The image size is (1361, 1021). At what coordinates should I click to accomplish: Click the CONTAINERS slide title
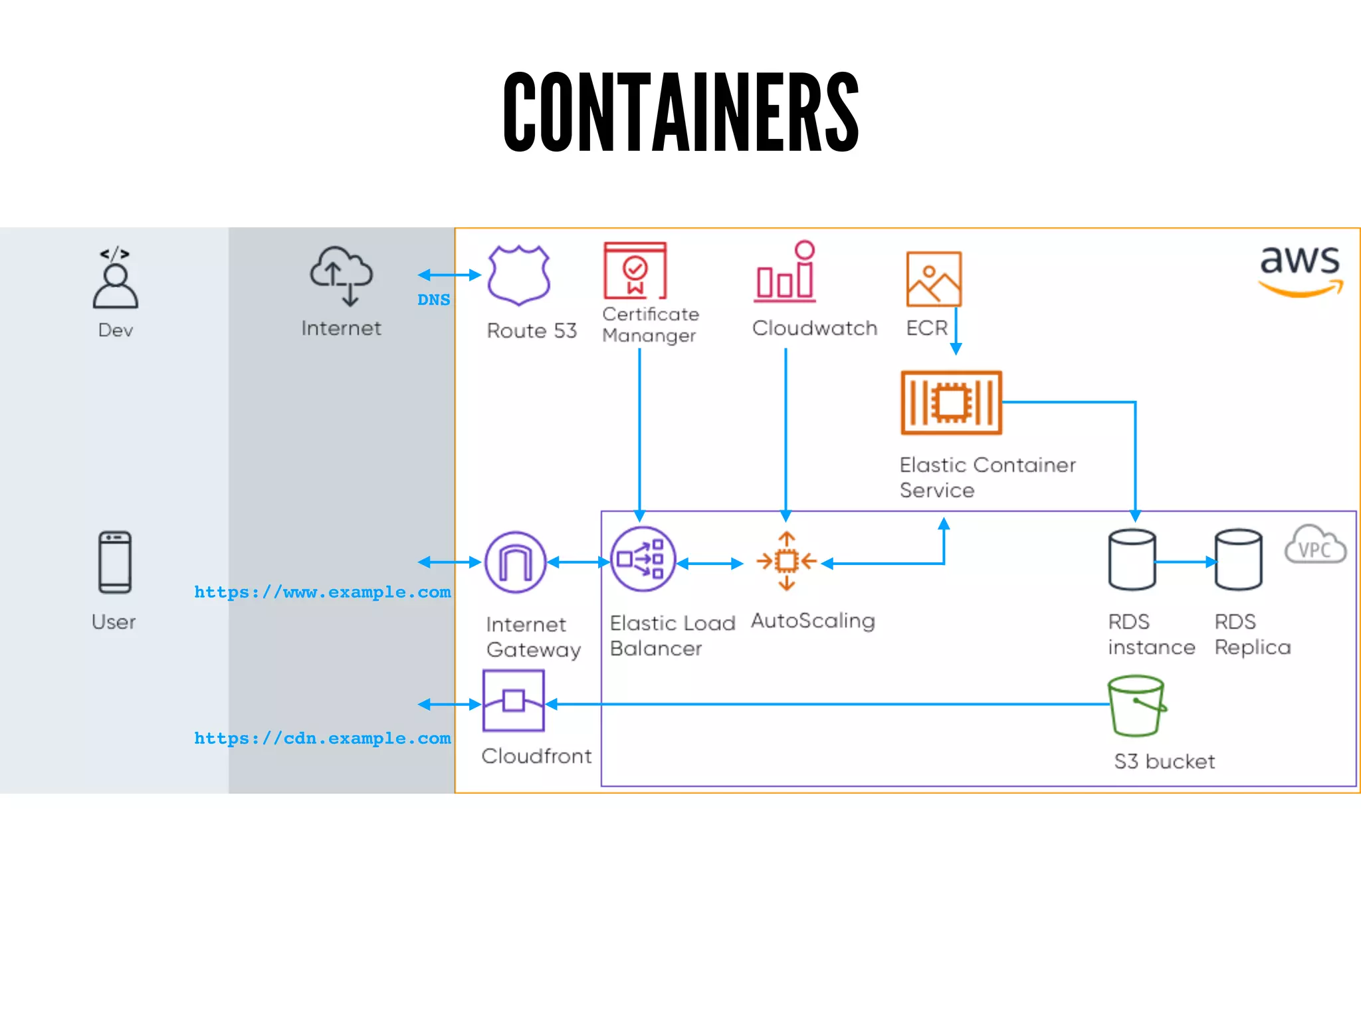coord(680,112)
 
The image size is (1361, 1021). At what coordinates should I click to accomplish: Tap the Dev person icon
coord(115,279)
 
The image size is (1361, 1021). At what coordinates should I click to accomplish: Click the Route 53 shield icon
coord(518,275)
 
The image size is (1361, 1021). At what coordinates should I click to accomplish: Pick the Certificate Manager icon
coord(635,271)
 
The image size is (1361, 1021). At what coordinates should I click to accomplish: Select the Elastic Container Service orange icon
coord(951,403)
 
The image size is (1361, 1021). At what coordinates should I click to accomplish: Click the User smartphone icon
coord(115,562)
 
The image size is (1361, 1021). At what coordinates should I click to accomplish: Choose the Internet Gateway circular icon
coord(515,562)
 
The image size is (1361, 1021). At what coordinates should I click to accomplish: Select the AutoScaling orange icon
coord(786,561)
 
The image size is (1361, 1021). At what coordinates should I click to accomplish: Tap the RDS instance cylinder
coord(1132,560)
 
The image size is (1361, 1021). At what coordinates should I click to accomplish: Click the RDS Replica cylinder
coord(1238,560)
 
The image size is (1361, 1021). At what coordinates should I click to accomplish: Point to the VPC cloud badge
coord(1314,545)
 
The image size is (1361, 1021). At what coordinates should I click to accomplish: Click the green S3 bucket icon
coord(1136,706)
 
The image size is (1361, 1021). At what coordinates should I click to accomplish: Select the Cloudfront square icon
coord(514,701)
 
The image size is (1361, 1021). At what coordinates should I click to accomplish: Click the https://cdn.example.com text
coord(322,738)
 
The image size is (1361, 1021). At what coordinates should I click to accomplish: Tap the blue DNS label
coord(433,300)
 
